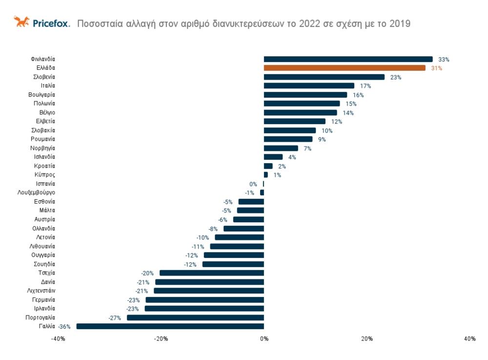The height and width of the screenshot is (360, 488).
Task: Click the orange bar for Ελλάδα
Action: (x=345, y=68)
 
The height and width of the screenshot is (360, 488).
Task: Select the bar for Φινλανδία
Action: (x=348, y=59)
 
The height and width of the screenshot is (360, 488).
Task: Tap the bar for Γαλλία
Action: (x=170, y=326)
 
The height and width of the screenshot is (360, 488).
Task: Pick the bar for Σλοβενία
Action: (x=324, y=77)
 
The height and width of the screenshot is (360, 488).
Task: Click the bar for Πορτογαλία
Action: (x=195, y=318)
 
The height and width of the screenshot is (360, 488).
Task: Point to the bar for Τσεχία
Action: (x=212, y=273)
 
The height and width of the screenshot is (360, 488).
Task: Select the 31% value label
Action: (x=436, y=68)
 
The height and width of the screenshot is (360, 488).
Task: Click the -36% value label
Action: (x=64, y=327)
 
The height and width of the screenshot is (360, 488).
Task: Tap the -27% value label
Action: (x=115, y=318)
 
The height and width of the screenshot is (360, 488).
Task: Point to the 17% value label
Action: (x=366, y=86)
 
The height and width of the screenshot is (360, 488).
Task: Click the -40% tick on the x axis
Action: (x=58, y=339)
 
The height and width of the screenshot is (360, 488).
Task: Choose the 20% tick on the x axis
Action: (x=367, y=339)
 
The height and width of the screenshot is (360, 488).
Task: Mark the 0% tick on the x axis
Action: (x=264, y=339)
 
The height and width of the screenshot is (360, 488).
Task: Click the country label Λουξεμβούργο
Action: (x=36, y=193)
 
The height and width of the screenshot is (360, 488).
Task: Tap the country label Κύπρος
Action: (x=45, y=175)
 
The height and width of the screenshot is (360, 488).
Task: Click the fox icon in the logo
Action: (x=21, y=22)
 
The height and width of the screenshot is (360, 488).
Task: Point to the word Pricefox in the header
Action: (x=52, y=23)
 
